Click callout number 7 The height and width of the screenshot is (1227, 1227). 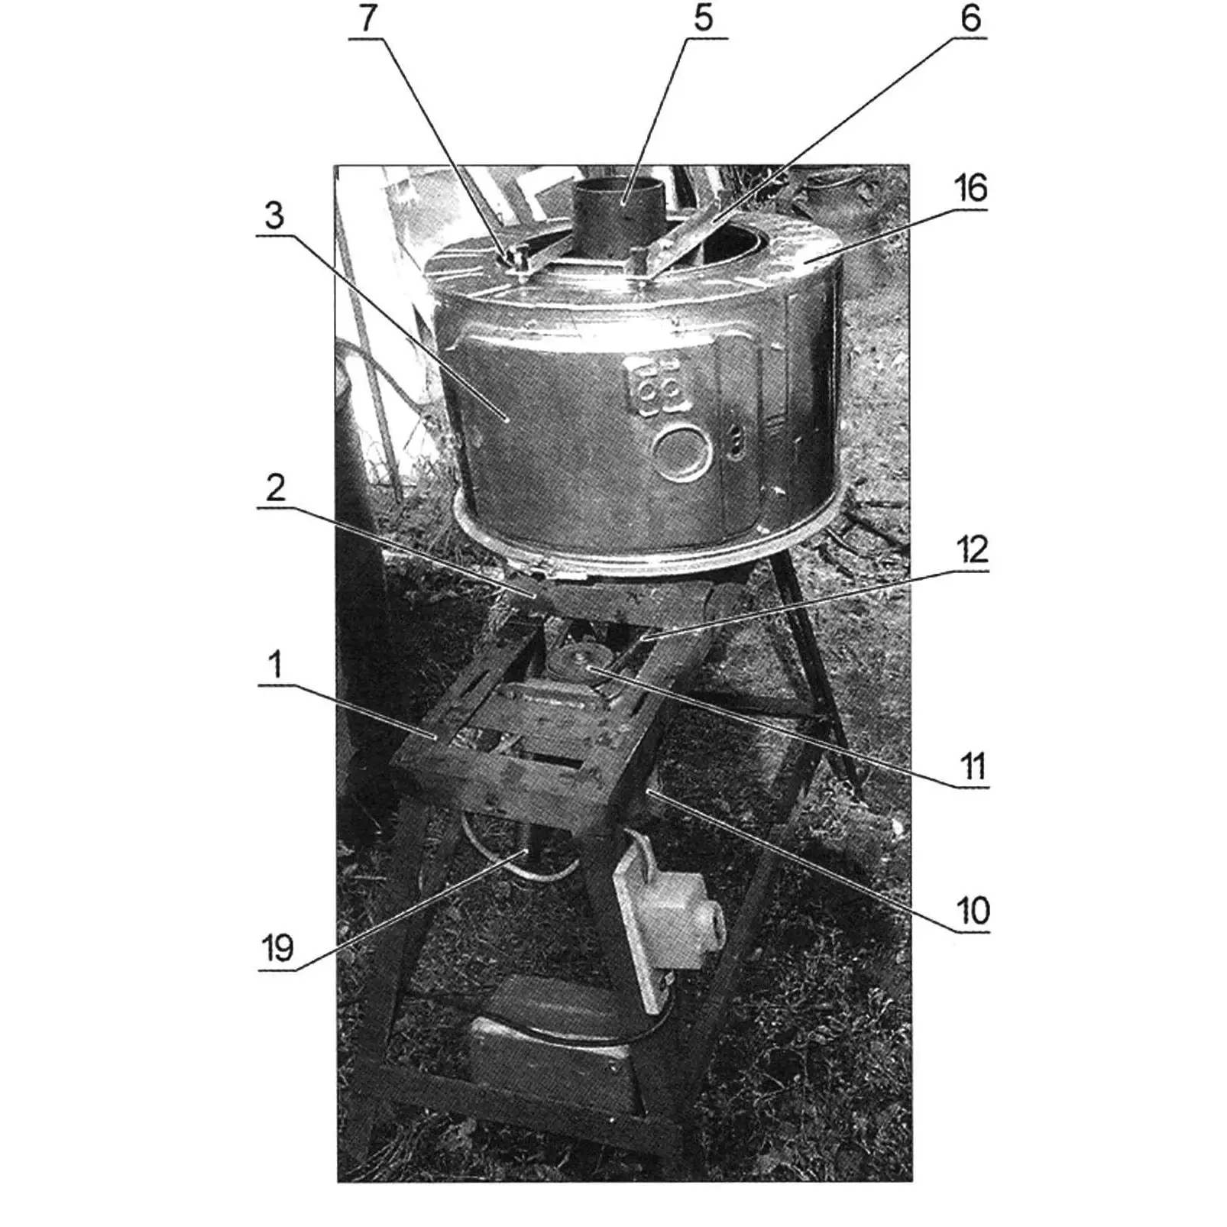(367, 18)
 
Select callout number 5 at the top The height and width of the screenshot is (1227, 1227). (704, 18)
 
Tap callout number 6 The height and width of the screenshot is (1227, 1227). (970, 18)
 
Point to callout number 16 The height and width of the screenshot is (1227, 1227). (970, 188)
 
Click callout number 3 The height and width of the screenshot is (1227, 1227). (274, 216)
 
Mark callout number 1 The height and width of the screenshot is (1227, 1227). (275, 665)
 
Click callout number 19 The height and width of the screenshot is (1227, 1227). (277, 949)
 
